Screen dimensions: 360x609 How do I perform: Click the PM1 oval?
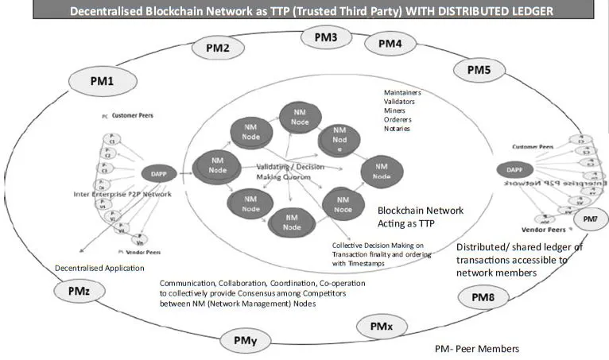102,80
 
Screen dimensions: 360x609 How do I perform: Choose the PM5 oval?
479,71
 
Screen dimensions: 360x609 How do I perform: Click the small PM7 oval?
589,219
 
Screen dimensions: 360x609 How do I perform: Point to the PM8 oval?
483,298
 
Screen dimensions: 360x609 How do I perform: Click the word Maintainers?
402,93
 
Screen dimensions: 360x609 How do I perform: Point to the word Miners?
394,110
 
